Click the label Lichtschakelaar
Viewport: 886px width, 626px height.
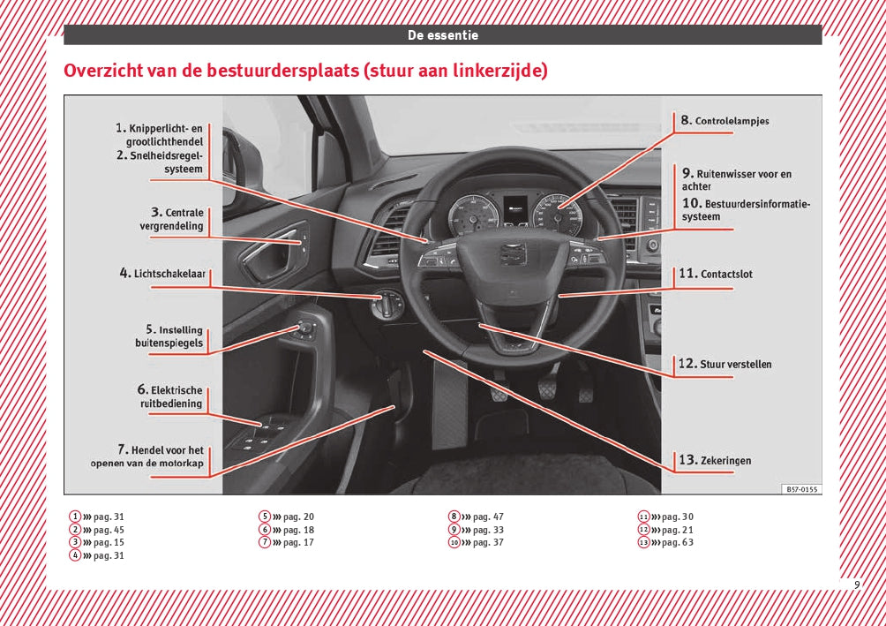(x=163, y=274)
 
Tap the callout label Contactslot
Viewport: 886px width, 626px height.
(x=716, y=274)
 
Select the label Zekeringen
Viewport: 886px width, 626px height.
(x=716, y=460)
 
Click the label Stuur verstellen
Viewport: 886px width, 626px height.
(x=725, y=364)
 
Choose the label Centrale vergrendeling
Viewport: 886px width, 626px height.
(x=171, y=219)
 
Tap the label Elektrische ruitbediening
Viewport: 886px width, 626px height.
(x=169, y=396)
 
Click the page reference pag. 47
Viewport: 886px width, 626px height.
(x=488, y=517)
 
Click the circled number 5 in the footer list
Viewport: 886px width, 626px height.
(x=264, y=517)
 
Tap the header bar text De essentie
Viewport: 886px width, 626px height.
(x=442, y=35)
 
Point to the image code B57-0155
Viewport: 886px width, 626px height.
(x=801, y=488)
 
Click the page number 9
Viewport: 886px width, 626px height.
(x=856, y=585)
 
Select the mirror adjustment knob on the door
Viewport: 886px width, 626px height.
(x=305, y=330)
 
